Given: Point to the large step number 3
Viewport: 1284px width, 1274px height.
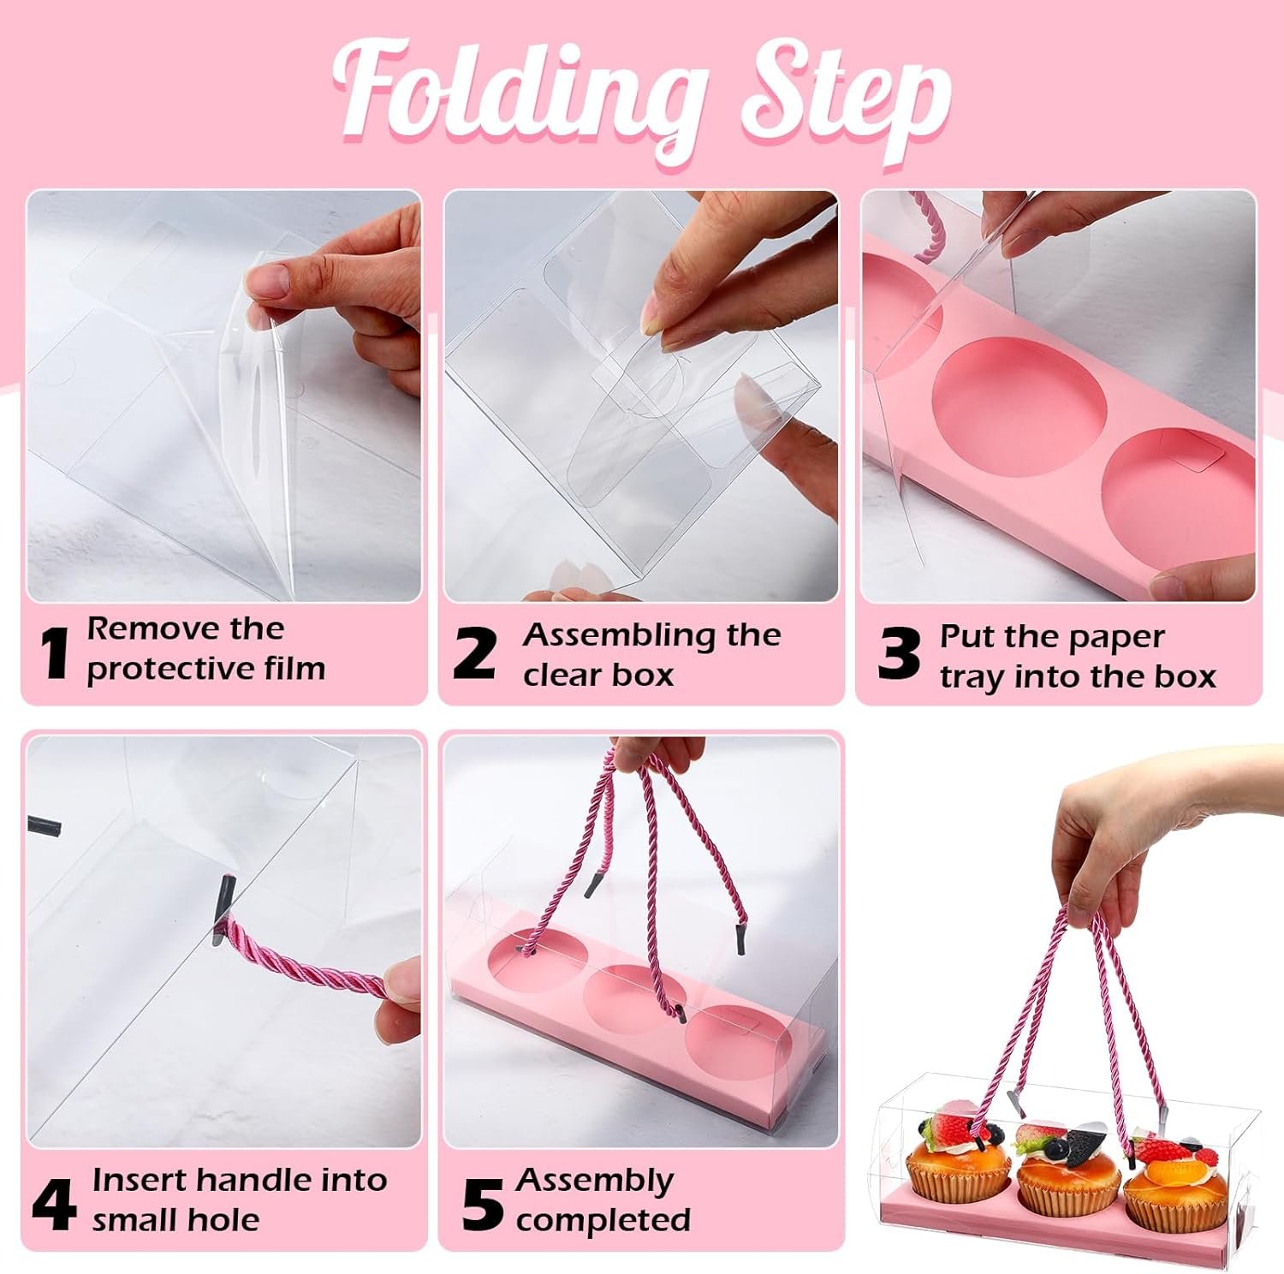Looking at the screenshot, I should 899,654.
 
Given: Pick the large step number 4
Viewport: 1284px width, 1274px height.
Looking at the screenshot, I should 53,1203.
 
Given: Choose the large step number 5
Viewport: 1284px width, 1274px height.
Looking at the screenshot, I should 482,1203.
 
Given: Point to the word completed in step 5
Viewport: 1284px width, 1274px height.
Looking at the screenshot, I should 603,1219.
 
